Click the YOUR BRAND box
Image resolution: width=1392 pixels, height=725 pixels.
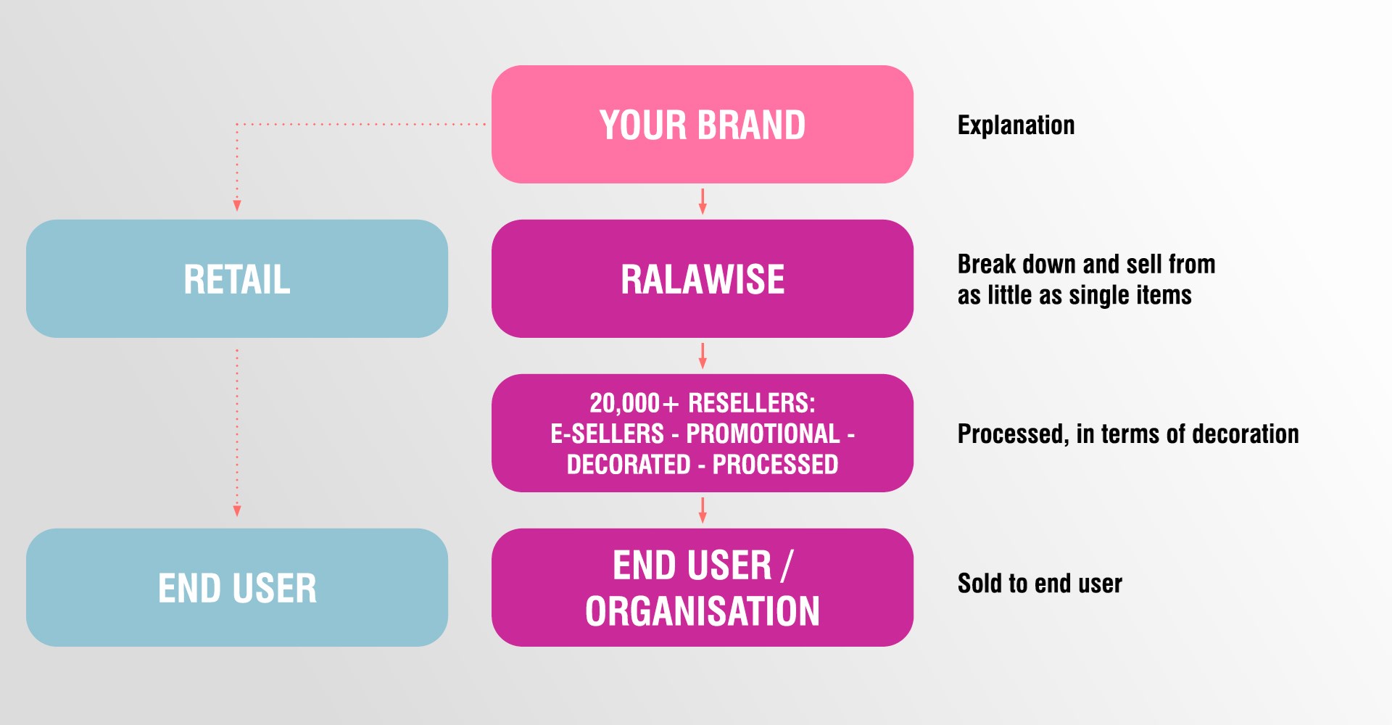(x=702, y=124)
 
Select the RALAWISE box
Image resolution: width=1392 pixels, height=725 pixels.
(x=702, y=278)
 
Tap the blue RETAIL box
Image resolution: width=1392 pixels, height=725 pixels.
(x=236, y=278)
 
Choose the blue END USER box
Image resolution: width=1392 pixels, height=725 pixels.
(x=236, y=587)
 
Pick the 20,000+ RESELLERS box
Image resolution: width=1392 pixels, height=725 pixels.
(x=702, y=433)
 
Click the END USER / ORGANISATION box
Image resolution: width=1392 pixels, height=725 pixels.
(x=702, y=587)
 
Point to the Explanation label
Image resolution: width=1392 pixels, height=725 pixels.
(x=1016, y=125)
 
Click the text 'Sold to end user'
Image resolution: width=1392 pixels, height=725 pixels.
(x=1040, y=584)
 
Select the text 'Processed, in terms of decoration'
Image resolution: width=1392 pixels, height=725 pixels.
(x=1128, y=434)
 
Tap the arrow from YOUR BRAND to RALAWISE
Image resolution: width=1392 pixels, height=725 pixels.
(x=702, y=202)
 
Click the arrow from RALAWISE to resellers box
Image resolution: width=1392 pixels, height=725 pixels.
(x=702, y=356)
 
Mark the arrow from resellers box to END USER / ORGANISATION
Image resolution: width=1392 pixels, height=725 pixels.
(x=702, y=510)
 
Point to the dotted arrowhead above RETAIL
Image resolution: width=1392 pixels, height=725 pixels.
(x=236, y=205)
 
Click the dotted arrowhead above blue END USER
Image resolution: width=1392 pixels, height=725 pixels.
(x=236, y=510)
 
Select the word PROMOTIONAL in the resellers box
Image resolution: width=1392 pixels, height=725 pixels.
(x=763, y=434)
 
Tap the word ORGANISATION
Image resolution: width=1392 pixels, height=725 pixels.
(x=702, y=611)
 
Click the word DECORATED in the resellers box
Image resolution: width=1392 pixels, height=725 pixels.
(x=628, y=464)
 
